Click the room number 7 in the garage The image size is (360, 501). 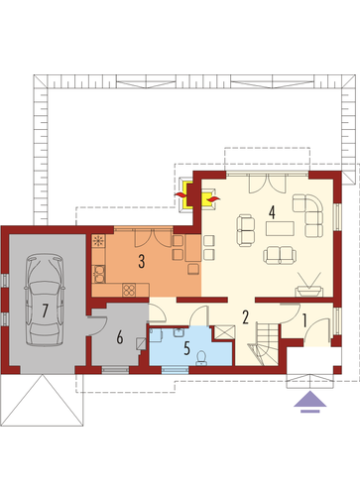tap(45, 311)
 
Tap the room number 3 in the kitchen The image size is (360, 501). tap(142, 261)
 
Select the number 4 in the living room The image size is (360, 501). tap(272, 212)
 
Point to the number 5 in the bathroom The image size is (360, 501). tap(186, 348)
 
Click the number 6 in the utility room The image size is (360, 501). tap(120, 337)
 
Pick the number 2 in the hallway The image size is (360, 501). tap(245, 317)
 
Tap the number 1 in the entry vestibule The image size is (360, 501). tap(304, 320)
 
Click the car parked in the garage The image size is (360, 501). tap(45, 300)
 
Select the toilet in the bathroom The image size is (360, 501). tap(201, 358)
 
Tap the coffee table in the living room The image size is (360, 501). tap(280, 228)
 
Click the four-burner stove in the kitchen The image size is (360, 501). tap(129, 290)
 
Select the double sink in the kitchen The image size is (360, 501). tap(99, 274)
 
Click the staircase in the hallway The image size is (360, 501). tap(264, 344)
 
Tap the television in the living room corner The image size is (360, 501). tap(308, 287)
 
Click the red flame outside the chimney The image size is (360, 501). tap(180, 195)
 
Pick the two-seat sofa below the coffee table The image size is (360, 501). tap(280, 255)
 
